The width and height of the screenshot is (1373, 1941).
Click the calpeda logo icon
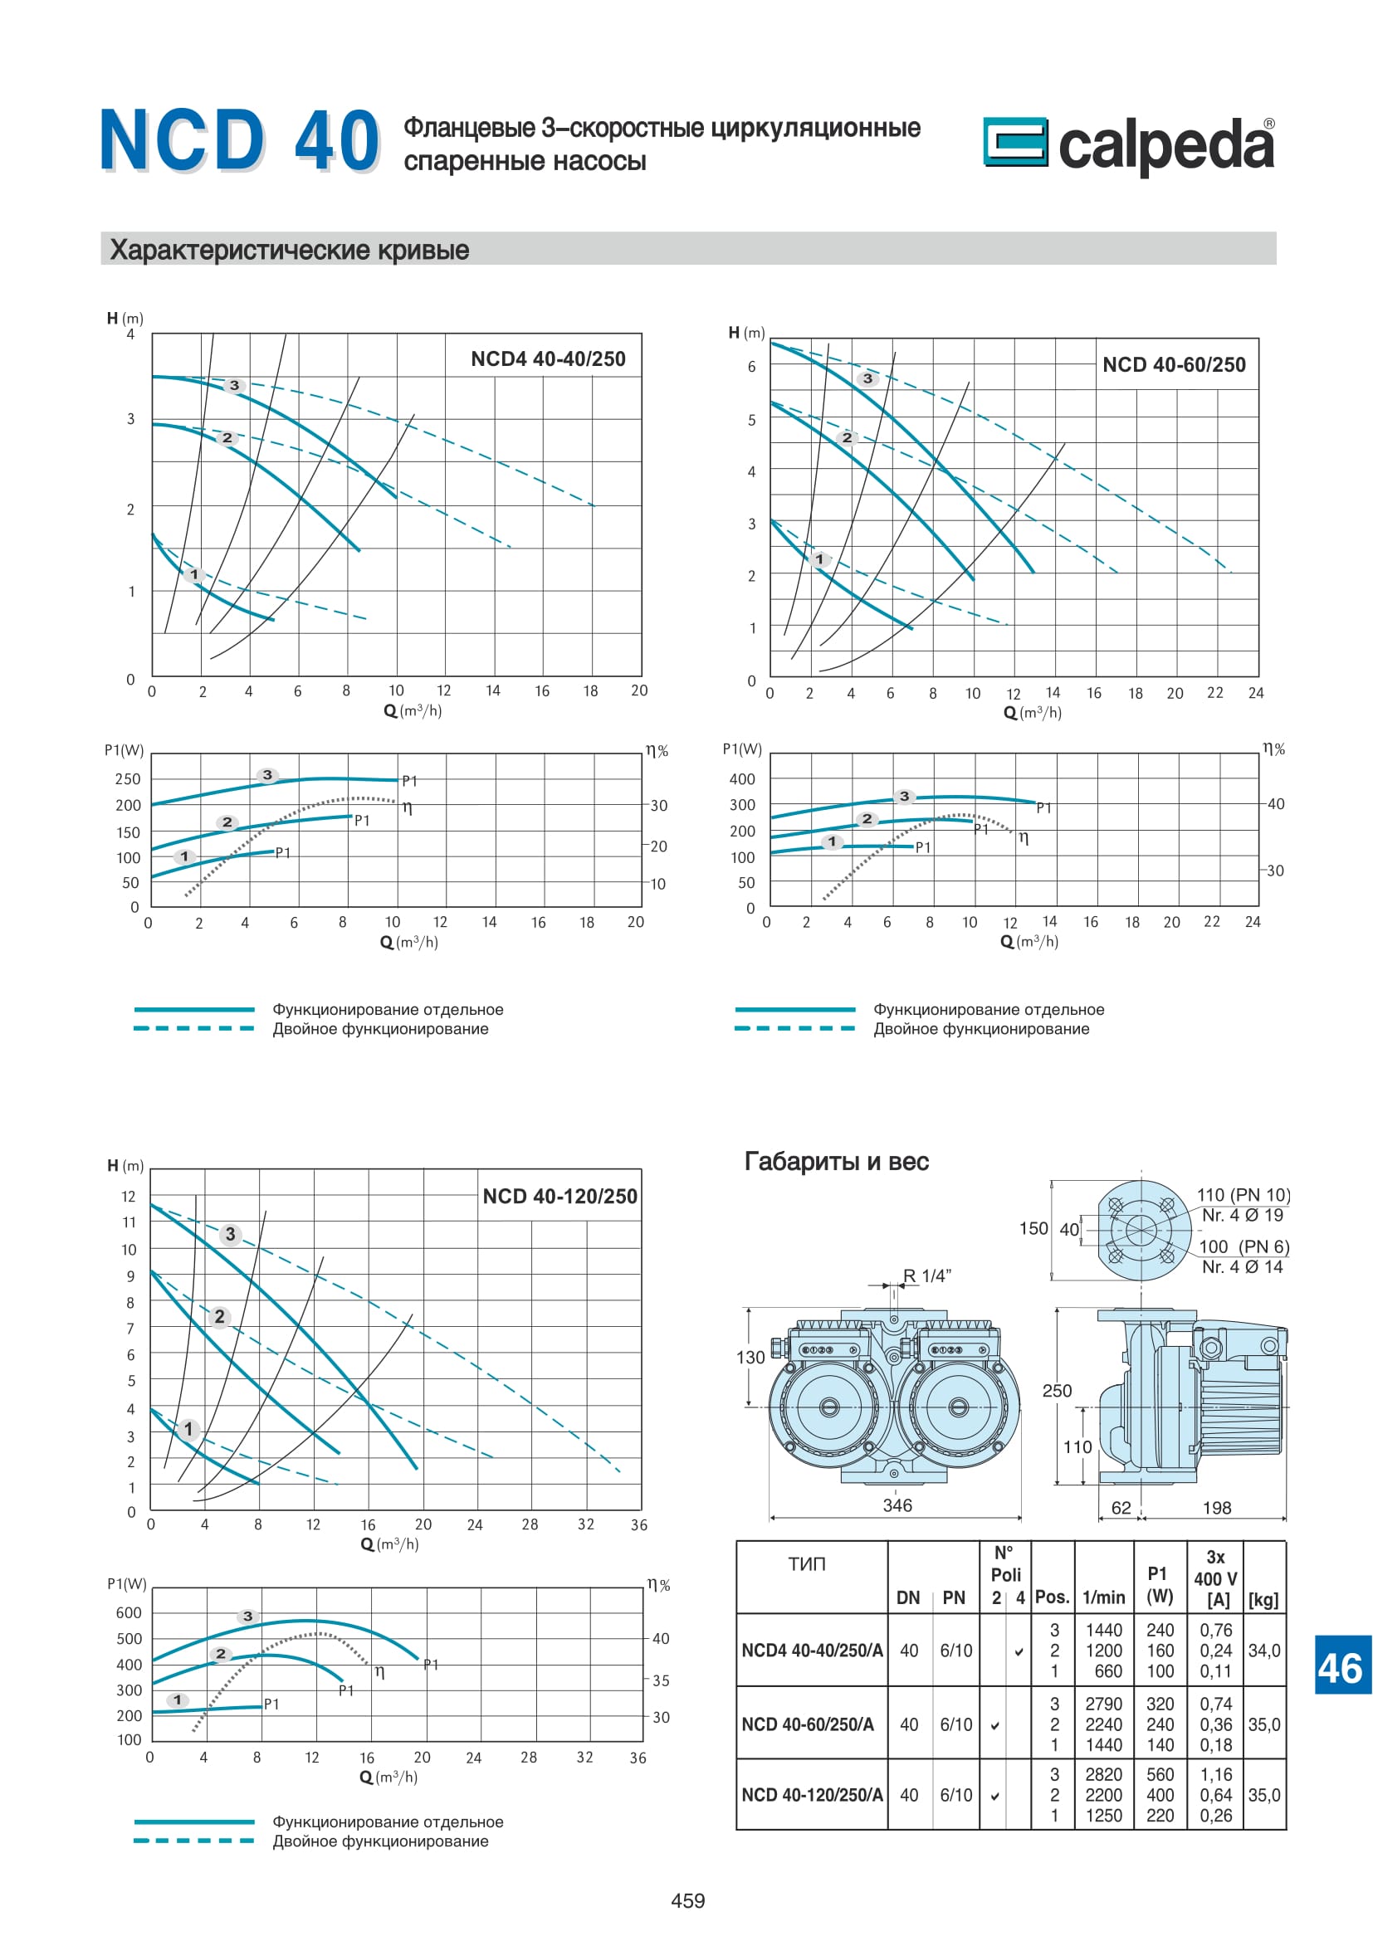click(x=1014, y=141)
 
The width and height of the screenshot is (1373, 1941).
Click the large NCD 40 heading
click(x=240, y=140)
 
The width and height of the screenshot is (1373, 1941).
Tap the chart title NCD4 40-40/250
click(x=548, y=359)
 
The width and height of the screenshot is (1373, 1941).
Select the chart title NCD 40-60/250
click(x=1174, y=365)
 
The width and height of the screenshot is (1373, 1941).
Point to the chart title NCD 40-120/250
click(x=559, y=1197)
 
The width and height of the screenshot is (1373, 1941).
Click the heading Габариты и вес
click(x=836, y=1162)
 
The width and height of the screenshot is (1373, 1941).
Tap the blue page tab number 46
click(x=1340, y=1670)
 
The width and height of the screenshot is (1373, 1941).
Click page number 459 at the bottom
click(x=687, y=1900)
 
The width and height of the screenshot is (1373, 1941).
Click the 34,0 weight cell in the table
click(x=1264, y=1651)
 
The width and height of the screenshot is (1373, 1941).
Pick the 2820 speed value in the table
click(x=1103, y=1774)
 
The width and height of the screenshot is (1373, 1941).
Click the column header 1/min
click(x=1103, y=1597)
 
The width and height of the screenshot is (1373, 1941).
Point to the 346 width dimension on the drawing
click(x=897, y=1505)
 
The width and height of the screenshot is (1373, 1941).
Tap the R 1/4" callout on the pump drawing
click(x=926, y=1275)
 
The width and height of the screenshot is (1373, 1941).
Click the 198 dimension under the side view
click(x=1217, y=1508)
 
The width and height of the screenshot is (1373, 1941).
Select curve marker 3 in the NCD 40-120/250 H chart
click(x=230, y=1234)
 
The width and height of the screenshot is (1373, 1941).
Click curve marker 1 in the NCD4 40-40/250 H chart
click(x=194, y=575)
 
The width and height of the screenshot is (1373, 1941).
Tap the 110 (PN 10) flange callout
click(x=1243, y=1194)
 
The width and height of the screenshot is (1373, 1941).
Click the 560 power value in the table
click(x=1159, y=1774)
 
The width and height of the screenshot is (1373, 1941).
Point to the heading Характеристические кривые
click(x=289, y=251)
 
